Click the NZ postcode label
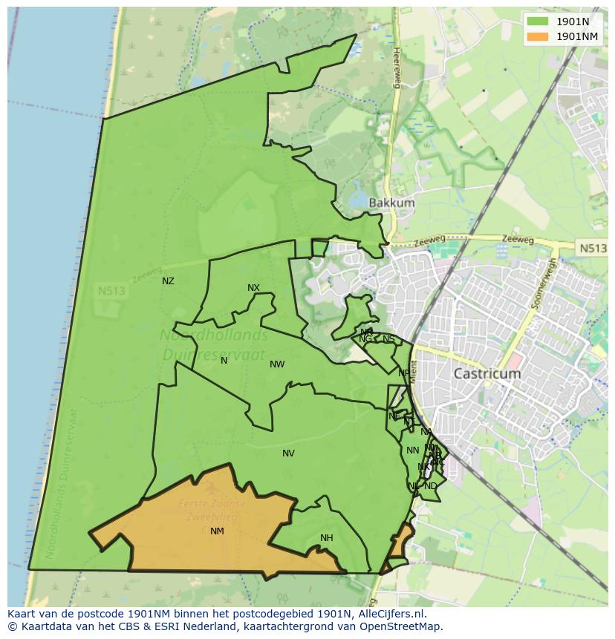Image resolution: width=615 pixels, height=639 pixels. pos(168,281)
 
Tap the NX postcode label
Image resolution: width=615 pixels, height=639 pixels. pos(253,288)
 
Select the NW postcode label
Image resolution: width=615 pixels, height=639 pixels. pos(277,364)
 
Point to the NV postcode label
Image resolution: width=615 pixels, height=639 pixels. pos(288,453)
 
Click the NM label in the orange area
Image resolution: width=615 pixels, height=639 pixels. pos(217,531)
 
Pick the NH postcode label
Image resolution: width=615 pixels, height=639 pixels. pos(326,538)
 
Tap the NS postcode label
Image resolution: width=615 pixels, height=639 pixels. pos(388,339)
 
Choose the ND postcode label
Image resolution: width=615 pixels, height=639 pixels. pos(431,486)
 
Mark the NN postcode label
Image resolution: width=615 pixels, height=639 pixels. pos(412,450)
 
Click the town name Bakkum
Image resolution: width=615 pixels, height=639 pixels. pos(391,203)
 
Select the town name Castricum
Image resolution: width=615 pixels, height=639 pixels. pos(487,374)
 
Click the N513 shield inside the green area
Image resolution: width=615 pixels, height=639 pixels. pos(112,292)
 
